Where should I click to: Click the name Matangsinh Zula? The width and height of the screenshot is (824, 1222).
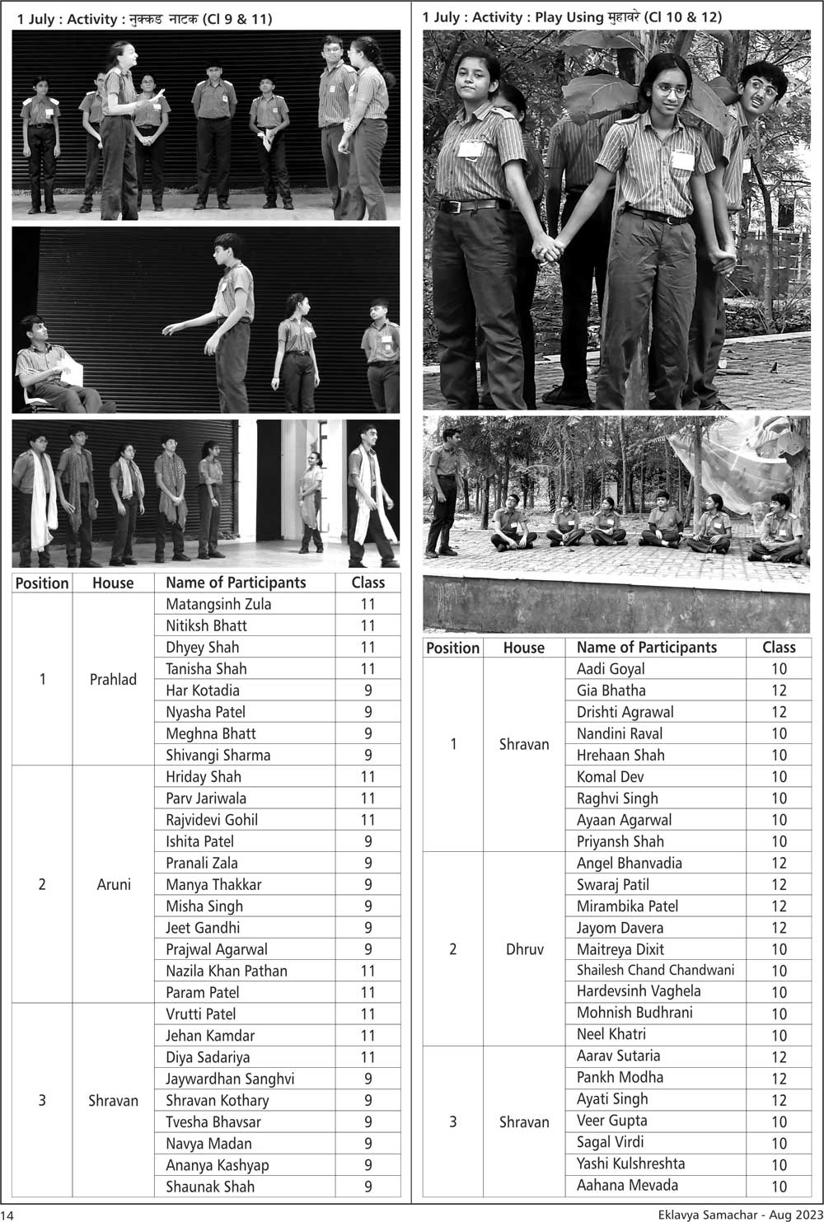pos(218,604)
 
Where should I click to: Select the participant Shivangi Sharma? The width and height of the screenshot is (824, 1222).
pos(218,755)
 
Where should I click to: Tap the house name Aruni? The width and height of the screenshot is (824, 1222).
pos(114,884)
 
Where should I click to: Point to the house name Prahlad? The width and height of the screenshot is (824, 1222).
pos(113,680)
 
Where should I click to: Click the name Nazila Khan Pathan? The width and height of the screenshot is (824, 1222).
pos(227,971)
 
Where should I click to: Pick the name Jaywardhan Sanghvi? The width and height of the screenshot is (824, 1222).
pos(230,1079)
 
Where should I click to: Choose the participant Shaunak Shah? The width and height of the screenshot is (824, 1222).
pos(210,1187)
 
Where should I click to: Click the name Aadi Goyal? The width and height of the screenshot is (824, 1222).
pos(611,669)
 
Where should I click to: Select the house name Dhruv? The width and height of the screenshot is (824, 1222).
pos(525,949)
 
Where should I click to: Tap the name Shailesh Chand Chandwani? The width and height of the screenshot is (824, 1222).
pos(655,970)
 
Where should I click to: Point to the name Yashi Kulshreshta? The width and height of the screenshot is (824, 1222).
pos(630,1163)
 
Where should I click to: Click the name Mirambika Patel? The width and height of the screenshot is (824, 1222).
pos(627,906)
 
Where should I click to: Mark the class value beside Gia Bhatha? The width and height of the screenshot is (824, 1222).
pos(779,691)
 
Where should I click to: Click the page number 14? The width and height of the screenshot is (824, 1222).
pos(7,1215)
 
